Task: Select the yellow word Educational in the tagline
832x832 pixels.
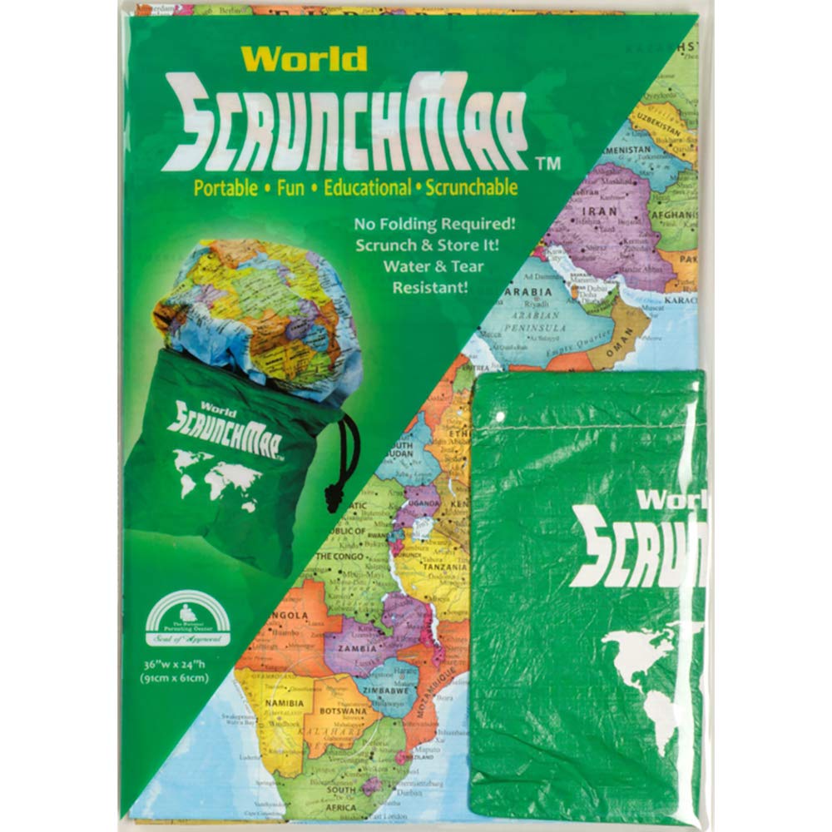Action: click(367, 188)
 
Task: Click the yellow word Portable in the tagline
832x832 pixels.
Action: click(225, 188)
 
